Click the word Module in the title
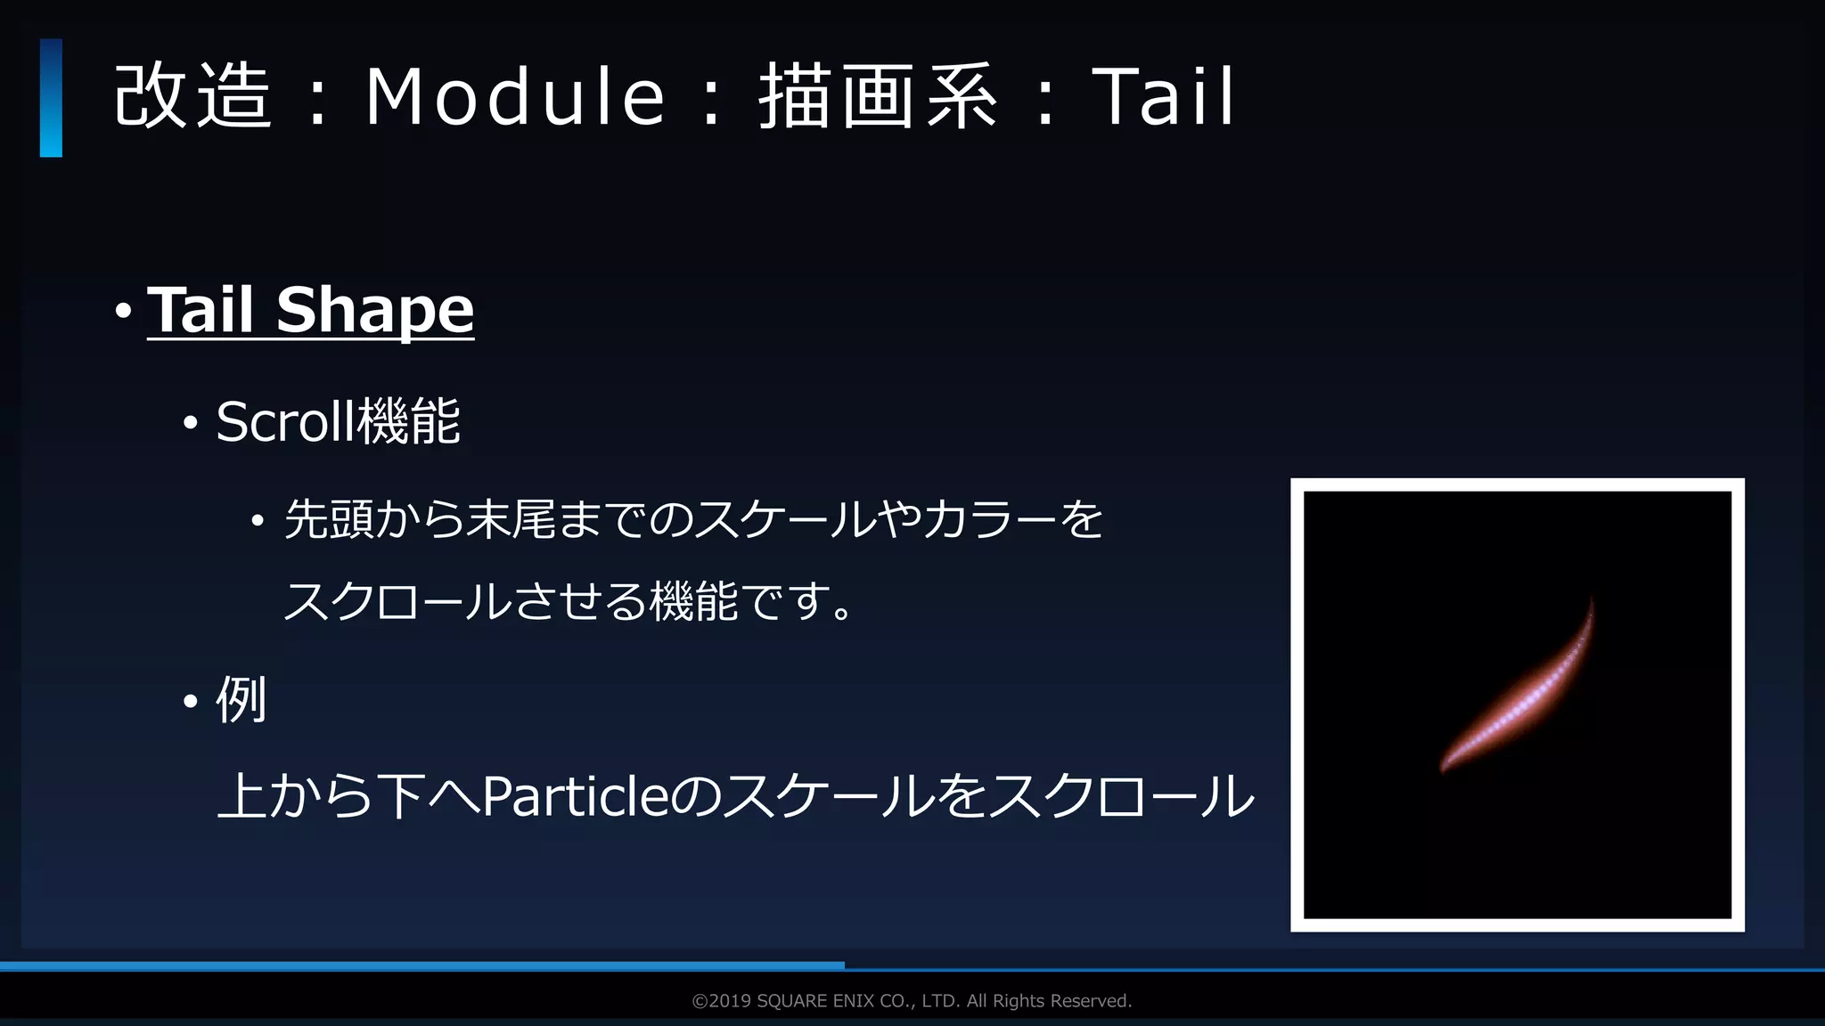[515, 96]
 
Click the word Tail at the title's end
[1163, 96]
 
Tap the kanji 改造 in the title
[192, 96]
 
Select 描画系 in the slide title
[878, 96]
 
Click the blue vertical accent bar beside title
[51, 98]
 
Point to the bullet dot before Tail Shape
[124, 312]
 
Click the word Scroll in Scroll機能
[284, 421]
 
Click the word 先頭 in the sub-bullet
[329, 519]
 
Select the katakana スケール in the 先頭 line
[784, 519]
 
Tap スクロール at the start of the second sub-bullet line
[397, 601]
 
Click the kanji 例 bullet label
[241, 700]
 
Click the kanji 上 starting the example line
[242, 796]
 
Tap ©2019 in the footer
[722, 1001]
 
